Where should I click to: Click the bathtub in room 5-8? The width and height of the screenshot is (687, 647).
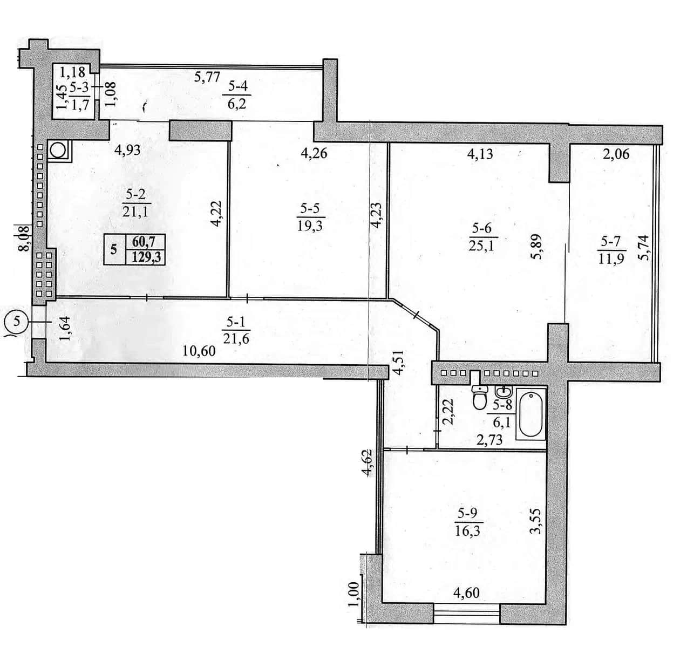coord(530,414)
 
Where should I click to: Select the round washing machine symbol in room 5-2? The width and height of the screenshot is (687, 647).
coord(58,151)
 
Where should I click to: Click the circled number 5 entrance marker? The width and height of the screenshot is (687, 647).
coord(16,322)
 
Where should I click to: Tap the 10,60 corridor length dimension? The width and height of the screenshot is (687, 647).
coord(199,351)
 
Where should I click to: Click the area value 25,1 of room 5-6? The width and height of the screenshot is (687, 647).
coord(481,246)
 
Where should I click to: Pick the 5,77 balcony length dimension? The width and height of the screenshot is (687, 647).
coord(207,77)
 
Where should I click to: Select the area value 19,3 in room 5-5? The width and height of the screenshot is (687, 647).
coord(310,226)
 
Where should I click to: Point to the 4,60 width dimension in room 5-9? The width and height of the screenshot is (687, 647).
coord(467,592)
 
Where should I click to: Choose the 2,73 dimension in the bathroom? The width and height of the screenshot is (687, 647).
coord(489,440)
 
